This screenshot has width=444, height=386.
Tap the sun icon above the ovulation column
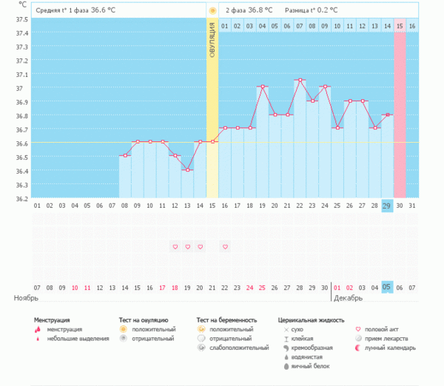pos(212,10)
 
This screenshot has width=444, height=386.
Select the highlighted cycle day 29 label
pos(387,206)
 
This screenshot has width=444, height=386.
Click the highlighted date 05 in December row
pos(387,287)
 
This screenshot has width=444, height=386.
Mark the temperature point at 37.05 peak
pos(300,80)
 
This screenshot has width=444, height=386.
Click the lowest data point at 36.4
pos(187,170)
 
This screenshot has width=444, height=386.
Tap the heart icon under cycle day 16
pos(225,246)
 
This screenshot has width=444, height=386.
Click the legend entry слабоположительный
pos(238,348)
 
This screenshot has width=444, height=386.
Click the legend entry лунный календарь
pos(386,348)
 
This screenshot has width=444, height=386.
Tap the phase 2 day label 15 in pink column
pos(400,27)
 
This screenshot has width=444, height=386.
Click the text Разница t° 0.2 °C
pos(312,10)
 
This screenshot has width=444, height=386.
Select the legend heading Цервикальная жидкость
pos(311,320)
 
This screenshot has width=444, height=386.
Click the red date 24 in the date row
pos(249,287)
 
